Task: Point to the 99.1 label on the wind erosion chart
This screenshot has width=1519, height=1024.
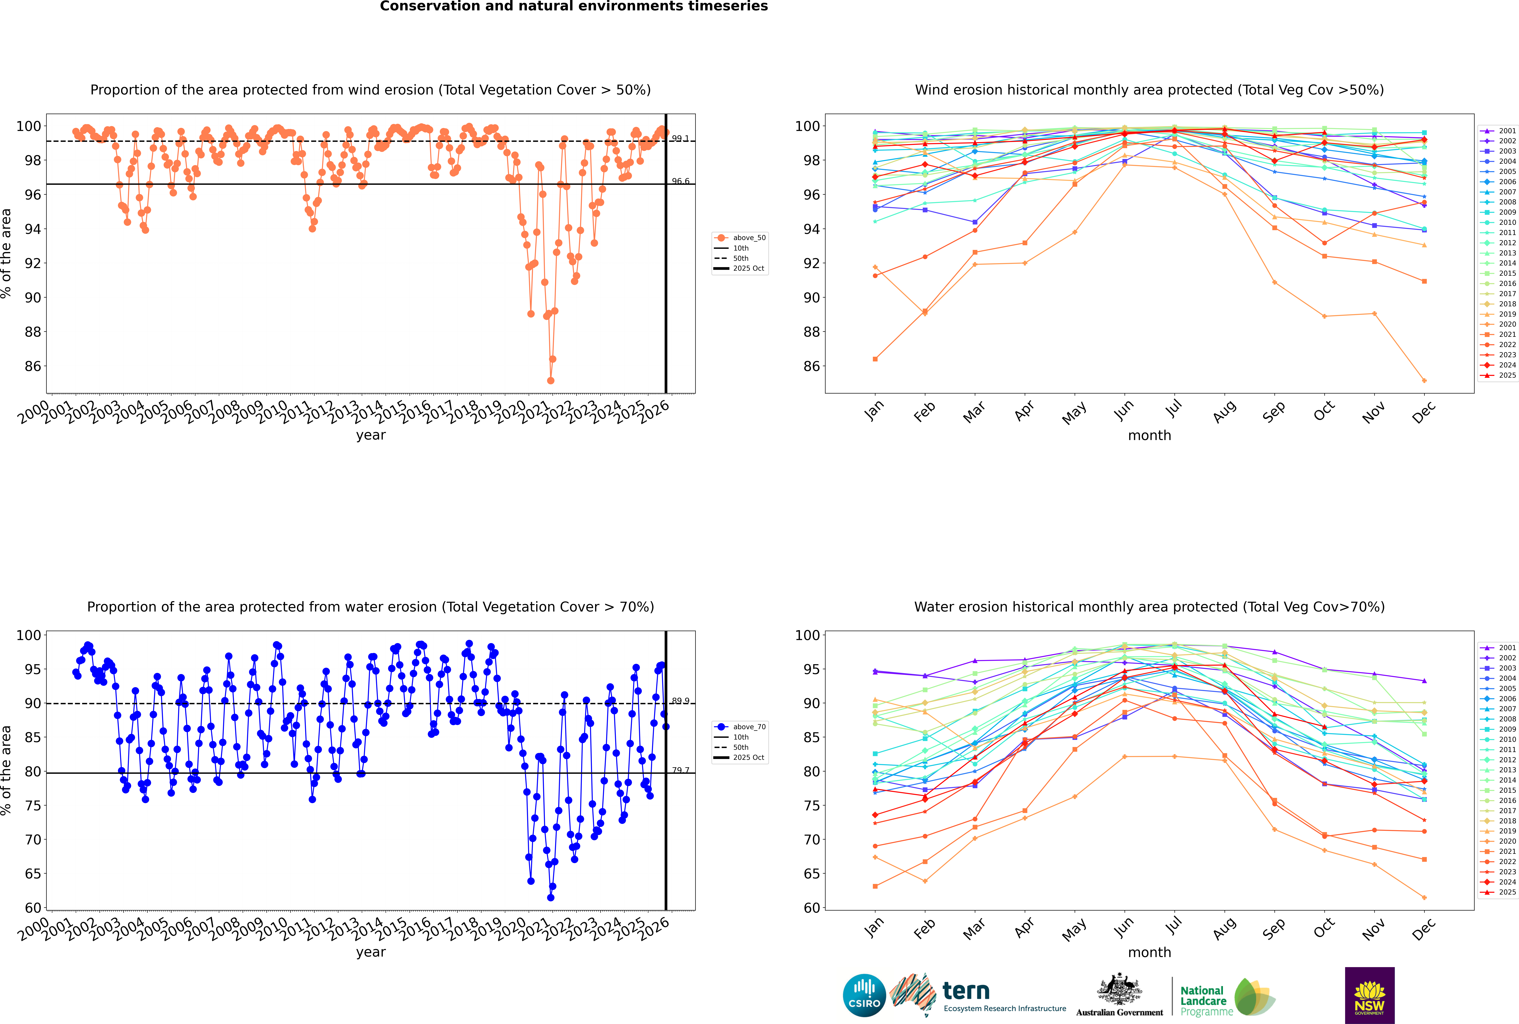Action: [680, 138]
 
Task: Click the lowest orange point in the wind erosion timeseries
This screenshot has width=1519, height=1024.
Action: [551, 381]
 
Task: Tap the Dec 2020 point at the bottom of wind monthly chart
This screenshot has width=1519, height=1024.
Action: [1424, 381]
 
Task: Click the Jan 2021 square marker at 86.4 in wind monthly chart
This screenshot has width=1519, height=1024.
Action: [875, 359]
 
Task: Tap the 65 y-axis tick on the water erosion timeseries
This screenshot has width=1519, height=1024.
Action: [33, 874]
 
